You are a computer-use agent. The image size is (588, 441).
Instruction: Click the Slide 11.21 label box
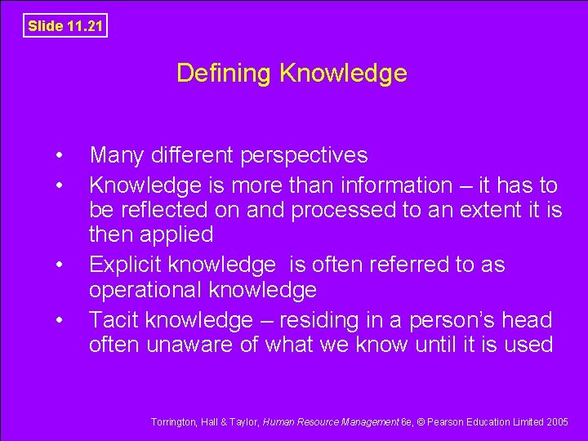pos(65,25)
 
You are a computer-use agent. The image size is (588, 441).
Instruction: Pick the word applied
pos(176,235)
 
